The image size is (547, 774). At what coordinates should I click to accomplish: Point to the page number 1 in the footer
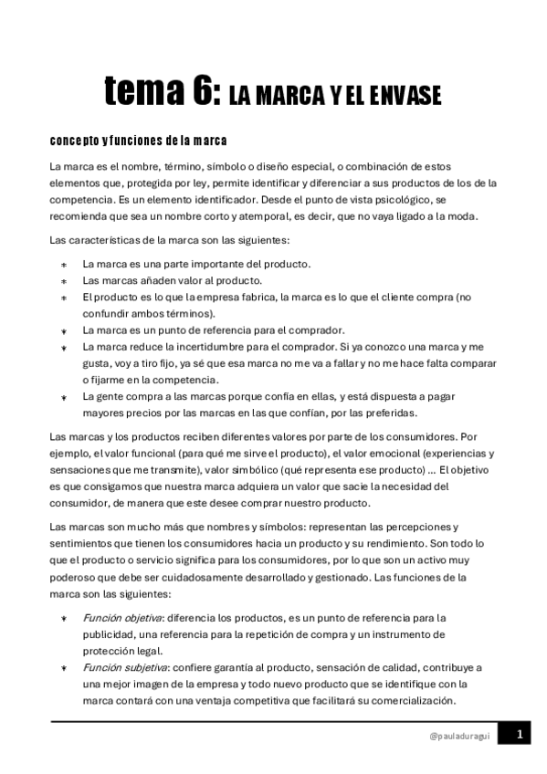[518, 735]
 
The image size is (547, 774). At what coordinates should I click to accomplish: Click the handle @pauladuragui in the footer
[459, 736]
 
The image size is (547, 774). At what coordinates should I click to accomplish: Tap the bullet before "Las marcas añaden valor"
[64, 281]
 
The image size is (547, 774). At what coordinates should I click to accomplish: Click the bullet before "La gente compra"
[64, 397]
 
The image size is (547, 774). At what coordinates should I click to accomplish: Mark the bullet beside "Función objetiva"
[64, 618]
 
